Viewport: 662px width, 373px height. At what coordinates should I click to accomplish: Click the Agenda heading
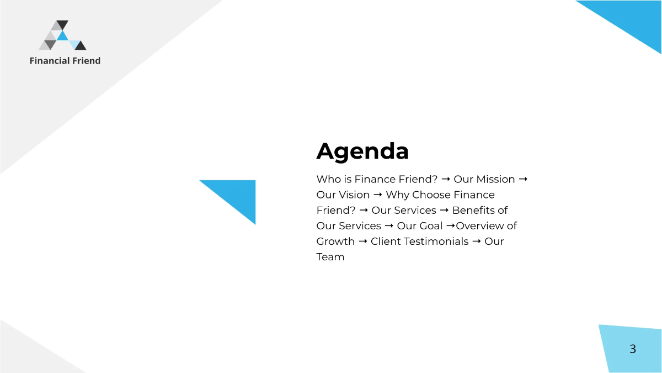362,151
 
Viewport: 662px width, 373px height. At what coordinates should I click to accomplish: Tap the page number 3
633,349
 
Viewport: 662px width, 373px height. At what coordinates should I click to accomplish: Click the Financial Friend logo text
65,61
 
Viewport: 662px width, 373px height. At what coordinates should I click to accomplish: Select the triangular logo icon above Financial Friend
62,36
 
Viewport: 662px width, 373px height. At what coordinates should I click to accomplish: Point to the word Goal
430,226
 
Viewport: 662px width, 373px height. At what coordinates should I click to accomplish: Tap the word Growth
335,241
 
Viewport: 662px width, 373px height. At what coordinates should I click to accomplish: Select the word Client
386,241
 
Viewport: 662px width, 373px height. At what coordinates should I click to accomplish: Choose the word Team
330,257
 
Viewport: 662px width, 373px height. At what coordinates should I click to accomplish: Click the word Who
327,180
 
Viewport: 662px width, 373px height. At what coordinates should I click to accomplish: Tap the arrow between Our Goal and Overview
450,226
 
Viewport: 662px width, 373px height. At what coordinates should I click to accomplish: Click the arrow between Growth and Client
363,241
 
